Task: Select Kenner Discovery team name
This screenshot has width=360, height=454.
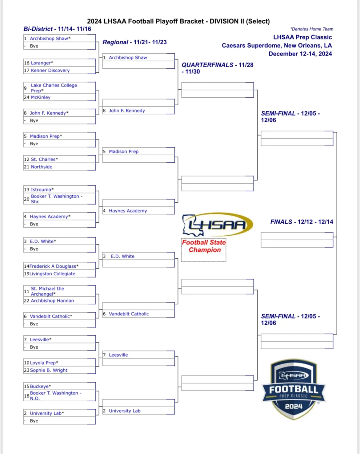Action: pyautogui.click(x=50, y=71)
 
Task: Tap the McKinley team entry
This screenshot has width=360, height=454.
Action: pyautogui.click(x=41, y=97)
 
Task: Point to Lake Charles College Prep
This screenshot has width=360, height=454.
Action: pyautogui.click(x=54, y=88)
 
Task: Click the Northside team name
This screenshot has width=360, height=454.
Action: pyautogui.click(x=42, y=167)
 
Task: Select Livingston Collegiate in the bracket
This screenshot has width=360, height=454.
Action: pyautogui.click(x=52, y=274)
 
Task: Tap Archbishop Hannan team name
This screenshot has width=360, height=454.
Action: pyautogui.click(x=52, y=301)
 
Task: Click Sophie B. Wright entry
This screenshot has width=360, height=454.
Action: pyautogui.click(x=49, y=370)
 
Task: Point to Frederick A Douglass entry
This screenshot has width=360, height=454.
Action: pyautogui.click(x=54, y=266)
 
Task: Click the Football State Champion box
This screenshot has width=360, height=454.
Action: pyautogui.click(x=204, y=250)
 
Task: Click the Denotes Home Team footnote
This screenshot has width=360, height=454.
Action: pyautogui.click(x=312, y=29)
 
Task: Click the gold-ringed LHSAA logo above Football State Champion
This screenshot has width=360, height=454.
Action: pyautogui.click(x=218, y=224)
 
